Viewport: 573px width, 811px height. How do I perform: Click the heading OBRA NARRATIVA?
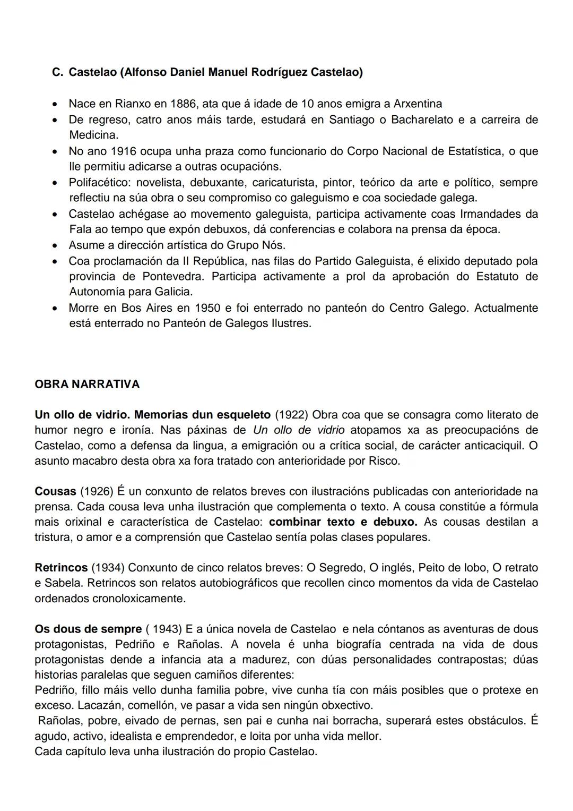click(x=87, y=384)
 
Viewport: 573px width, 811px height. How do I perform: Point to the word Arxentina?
click(x=418, y=104)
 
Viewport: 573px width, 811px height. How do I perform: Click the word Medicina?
click(x=93, y=135)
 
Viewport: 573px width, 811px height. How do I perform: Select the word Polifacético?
click(x=99, y=183)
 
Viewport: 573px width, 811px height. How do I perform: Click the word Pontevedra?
click(x=173, y=277)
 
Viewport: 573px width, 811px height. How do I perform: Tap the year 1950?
click(x=208, y=308)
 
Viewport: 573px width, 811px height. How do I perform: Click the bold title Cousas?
click(x=55, y=491)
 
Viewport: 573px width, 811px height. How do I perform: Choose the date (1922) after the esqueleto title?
click(x=292, y=414)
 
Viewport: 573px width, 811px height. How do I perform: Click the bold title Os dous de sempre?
click(x=88, y=629)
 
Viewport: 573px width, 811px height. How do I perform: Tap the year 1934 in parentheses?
click(x=108, y=568)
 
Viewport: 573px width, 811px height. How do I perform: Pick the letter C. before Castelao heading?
click(x=57, y=72)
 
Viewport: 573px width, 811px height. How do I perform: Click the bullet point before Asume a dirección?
click(x=55, y=246)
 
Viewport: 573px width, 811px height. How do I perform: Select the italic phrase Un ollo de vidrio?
click(x=299, y=430)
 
